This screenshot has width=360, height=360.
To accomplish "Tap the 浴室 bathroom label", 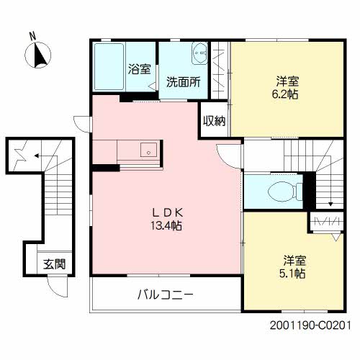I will coord(140,70).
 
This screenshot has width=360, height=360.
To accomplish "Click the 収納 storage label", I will coord(214,121).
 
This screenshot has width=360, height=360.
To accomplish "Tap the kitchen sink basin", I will coord(148,150).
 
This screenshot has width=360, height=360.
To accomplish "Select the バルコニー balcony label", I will coord(166,294).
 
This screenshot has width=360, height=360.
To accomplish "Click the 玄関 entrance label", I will coord(53,264).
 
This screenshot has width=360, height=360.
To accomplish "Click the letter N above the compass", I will coord(32,35).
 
